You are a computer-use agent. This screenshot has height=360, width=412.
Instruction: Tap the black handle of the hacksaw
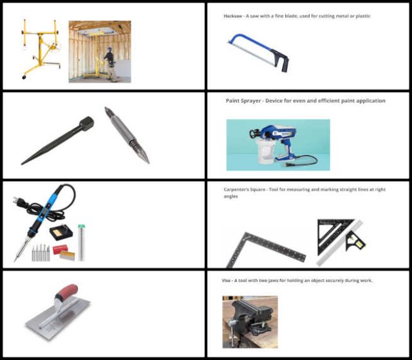[x=282, y=60]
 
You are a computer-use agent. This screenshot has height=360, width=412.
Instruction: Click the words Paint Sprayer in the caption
[x=243, y=100]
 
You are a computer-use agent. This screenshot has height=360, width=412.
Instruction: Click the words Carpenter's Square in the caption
[x=245, y=189]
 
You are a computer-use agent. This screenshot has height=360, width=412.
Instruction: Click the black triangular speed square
[x=333, y=234]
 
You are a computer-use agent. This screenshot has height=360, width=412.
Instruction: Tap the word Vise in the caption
[x=226, y=280]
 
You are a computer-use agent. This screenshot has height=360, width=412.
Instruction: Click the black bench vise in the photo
[x=251, y=319]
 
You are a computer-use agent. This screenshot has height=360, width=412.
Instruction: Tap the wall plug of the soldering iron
[x=19, y=200]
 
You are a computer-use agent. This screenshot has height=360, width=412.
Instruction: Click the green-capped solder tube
[x=82, y=242]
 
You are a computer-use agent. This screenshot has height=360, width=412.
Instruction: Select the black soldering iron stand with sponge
[x=61, y=232]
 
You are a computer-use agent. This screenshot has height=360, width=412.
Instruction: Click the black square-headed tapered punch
[x=57, y=140]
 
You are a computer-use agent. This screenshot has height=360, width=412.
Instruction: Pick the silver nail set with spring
[x=127, y=135]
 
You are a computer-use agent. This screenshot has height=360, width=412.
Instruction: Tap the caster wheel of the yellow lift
[x=24, y=77]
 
